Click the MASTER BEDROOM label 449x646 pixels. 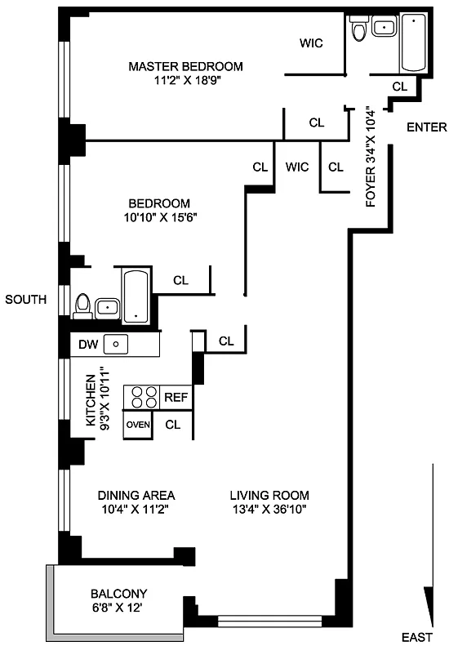[186, 66]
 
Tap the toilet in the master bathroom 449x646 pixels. [358, 28]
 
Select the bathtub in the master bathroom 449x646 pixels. [414, 42]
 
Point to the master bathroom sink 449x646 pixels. [384, 27]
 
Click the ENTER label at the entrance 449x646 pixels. [427, 127]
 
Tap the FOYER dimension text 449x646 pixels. [371, 157]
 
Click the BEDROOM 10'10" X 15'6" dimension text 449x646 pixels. [161, 217]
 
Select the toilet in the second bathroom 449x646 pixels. [82, 306]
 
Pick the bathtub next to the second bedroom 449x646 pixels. [136, 296]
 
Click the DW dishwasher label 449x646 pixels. [88, 344]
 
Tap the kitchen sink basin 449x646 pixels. [116, 344]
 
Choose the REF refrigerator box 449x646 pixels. [176, 397]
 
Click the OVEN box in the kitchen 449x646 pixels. [138, 425]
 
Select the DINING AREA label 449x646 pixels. [136, 495]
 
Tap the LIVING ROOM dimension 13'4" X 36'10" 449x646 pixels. [270, 510]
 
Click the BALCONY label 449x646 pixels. [118, 594]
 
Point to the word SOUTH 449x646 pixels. [26, 299]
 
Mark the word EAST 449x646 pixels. [417, 637]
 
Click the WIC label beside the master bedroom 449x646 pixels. [311, 42]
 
